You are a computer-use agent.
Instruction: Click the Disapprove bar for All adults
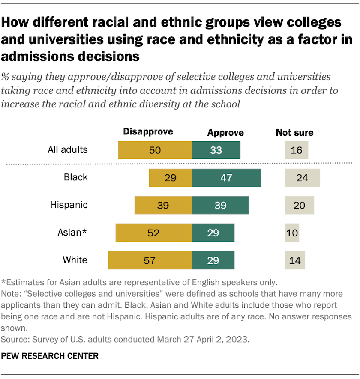[155, 150]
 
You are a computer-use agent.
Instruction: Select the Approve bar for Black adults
[226, 178]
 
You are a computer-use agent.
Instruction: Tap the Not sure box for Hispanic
[299, 205]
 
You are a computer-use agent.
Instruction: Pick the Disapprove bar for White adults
[150, 260]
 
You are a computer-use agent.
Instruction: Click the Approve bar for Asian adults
[213, 233]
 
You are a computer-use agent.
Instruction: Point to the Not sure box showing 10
[292, 233]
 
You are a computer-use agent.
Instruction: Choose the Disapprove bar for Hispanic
[163, 205]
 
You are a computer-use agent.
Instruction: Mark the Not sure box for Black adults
[302, 178]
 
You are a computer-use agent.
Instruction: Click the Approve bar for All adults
[216, 150]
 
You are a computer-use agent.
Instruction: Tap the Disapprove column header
[148, 131]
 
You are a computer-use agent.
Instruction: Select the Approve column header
[225, 132]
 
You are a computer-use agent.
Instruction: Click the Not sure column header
[294, 132]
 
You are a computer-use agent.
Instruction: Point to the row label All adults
[68, 150]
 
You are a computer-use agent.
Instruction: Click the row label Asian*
[72, 233]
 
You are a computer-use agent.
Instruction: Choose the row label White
[75, 260]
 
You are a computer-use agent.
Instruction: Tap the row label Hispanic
[69, 205]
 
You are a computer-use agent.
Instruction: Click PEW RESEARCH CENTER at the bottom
[50, 355]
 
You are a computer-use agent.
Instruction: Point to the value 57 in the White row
[150, 260]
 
